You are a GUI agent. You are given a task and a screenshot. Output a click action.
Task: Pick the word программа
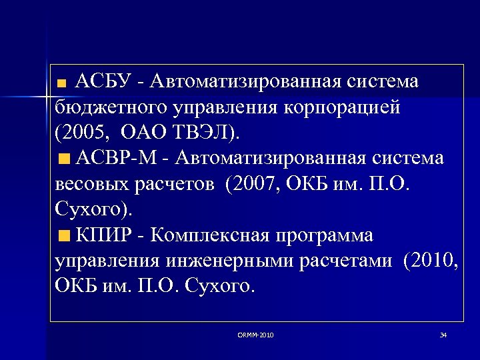click(330, 235)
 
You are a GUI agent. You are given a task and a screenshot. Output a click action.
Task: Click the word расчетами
click(352, 261)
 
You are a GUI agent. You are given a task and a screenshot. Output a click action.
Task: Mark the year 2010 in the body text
click(433, 261)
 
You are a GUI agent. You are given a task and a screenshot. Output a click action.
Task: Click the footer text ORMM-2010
click(255, 335)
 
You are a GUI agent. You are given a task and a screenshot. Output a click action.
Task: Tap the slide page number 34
click(443, 335)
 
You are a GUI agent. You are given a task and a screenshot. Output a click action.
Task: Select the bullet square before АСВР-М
click(63, 159)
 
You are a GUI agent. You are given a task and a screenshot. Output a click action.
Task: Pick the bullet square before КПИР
click(63, 236)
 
